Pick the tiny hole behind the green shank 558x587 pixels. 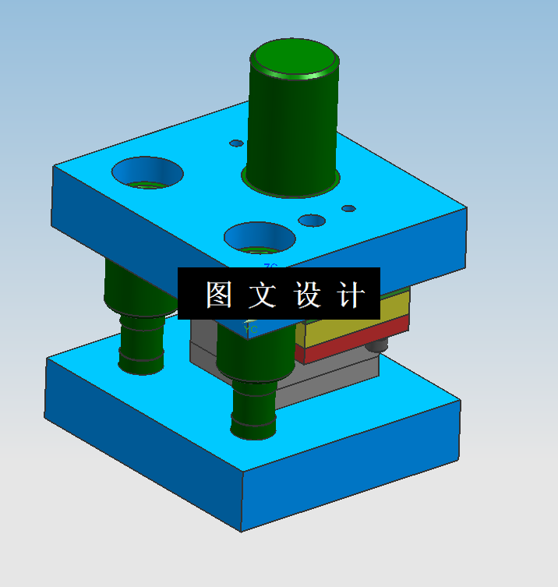[236, 143]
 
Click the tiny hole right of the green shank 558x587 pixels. [348, 208]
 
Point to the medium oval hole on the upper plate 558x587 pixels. [312, 221]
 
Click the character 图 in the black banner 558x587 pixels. [220, 295]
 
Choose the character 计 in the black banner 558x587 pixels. [350, 295]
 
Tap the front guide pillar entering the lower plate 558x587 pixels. [254, 405]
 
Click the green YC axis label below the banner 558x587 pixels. [251, 330]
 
